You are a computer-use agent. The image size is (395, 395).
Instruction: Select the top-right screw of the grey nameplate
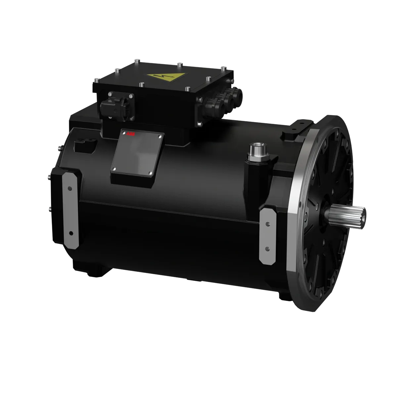[x=160, y=136]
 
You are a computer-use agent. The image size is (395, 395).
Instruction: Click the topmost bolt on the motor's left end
[x=59, y=146]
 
